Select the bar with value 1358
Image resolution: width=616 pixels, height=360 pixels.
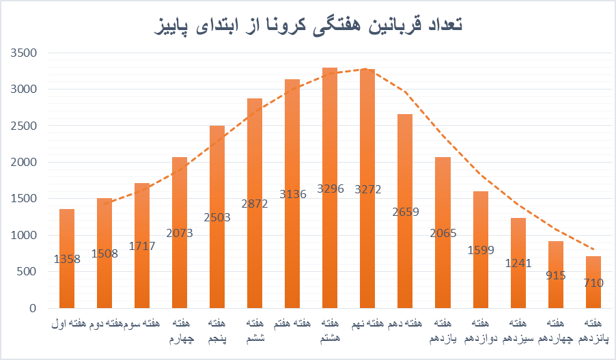click(67, 287)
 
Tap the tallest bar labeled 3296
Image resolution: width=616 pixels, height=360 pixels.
click(330, 137)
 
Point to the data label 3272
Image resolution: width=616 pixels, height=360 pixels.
click(367, 188)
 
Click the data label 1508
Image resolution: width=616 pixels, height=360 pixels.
click(104, 253)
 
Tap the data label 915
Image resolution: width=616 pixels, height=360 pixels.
click(556, 275)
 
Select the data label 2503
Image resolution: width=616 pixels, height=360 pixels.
click(217, 217)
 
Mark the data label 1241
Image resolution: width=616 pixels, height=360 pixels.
click(518, 264)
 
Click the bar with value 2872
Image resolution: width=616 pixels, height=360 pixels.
click(255, 171)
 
